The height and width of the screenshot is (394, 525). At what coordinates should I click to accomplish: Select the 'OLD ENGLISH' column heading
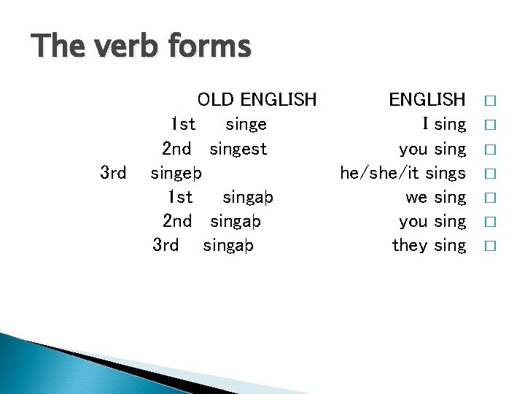[x=257, y=99]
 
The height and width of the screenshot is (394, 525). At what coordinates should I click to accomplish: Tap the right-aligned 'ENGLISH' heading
[x=427, y=99]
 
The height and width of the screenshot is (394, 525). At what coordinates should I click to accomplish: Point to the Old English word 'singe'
[x=246, y=124]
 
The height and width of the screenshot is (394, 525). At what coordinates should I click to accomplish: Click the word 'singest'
[x=238, y=149]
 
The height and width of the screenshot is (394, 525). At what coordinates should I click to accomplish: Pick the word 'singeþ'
[x=176, y=174]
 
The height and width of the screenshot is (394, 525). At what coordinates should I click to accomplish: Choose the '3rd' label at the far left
[x=113, y=173]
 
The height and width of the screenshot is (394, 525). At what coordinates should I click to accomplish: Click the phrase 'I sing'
[x=444, y=124]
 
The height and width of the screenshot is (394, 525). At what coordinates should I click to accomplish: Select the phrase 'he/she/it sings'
[x=402, y=173]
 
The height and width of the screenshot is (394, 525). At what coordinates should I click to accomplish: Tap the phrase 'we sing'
[x=435, y=197]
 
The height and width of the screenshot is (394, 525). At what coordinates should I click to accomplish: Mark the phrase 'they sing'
[x=429, y=245]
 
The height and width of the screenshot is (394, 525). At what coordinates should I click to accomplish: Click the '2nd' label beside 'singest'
[x=176, y=149]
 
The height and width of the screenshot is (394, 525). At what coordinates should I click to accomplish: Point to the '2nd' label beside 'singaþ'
[x=176, y=221]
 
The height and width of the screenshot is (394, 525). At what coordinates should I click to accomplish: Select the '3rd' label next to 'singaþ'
[x=166, y=245]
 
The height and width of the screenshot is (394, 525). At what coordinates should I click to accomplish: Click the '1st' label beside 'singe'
[x=182, y=124]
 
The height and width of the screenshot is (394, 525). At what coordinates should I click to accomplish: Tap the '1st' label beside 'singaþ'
[x=179, y=197]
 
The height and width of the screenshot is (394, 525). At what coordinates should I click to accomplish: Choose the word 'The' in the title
[x=56, y=47]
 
